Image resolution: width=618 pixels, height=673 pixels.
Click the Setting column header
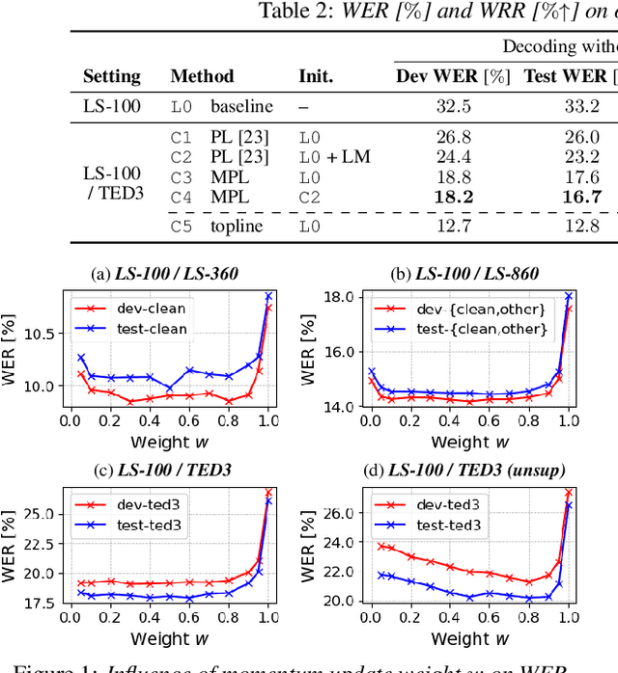tap(111, 76)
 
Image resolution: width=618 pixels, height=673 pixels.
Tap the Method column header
tap(202, 76)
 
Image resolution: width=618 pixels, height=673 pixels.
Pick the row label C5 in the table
tap(182, 228)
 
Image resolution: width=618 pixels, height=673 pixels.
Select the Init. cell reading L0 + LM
tap(334, 157)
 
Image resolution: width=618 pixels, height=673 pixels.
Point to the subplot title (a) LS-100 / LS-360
tap(166, 274)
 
